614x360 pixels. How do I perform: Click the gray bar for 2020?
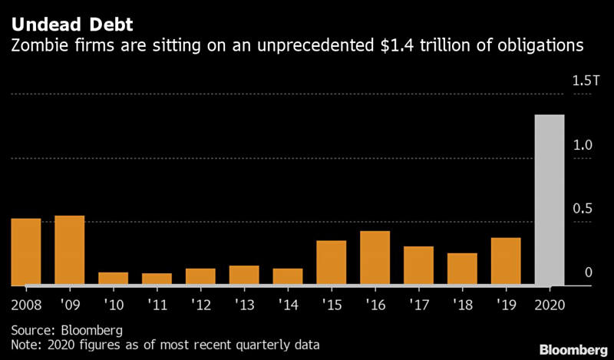[550, 200]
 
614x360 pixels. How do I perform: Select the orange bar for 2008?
[25, 252]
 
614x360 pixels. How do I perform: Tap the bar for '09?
[69, 250]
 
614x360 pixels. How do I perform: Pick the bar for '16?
[375, 258]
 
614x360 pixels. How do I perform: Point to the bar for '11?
[157, 279]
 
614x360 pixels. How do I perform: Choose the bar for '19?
[506, 261]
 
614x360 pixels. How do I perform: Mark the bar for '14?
[288, 276]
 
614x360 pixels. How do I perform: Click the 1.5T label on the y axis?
[583, 81]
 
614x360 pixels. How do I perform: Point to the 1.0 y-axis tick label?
[583, 145]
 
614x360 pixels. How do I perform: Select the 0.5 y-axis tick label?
[583, 209]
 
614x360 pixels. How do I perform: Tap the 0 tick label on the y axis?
[588, 272]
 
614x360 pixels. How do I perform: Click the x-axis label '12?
[200, 304]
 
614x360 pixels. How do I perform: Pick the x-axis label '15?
[332, 304]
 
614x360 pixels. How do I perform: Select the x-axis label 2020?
[550, 304]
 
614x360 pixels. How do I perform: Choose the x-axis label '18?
[462, 304]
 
